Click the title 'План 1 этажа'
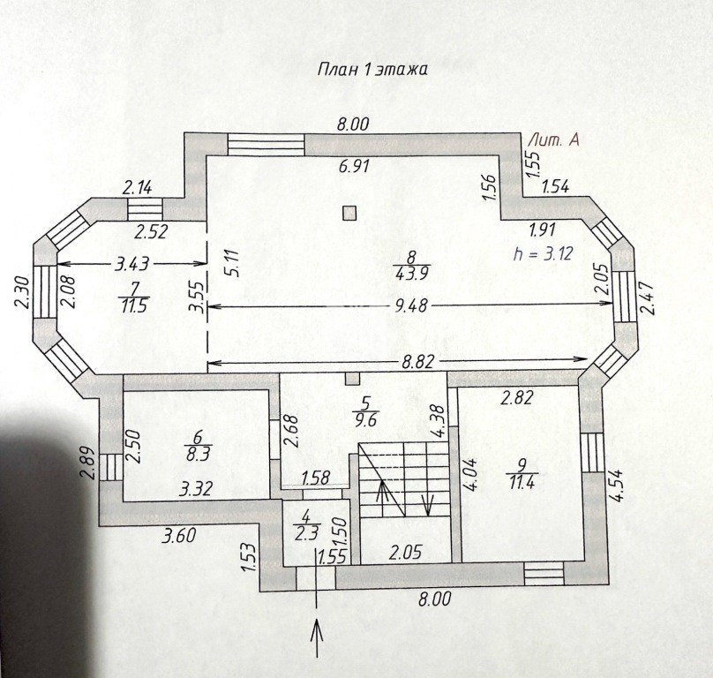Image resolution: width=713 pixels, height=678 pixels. pyautogui.click(x=372, y=70)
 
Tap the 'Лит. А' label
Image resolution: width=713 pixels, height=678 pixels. pyautogui.click(x=555, y=140)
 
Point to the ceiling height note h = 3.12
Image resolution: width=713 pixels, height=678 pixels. pyautogui.click(x=542, y=253)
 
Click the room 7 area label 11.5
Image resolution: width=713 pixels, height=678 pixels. pyautogui.click(x=133, y=305)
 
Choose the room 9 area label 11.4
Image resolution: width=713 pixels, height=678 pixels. pyautogui.click(x=522, y=481)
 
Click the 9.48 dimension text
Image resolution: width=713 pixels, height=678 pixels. pyautogui.click(x=411, y=305)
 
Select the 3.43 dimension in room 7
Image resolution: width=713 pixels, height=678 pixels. pyautogui.click(x=131, y=264)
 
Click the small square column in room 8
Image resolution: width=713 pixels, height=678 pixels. pyautogui.click(x=349, y=213)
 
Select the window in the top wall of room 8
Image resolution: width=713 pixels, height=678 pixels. pyautogui.click(x=266, y=145)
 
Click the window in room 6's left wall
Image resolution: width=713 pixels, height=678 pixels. pyautogui.click(x=111, y=467)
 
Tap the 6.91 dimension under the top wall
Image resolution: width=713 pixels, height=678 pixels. pyautogui.click(x=353, y=166)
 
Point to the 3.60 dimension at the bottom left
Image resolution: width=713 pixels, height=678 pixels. pyautogui.click(x=180, y=536)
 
